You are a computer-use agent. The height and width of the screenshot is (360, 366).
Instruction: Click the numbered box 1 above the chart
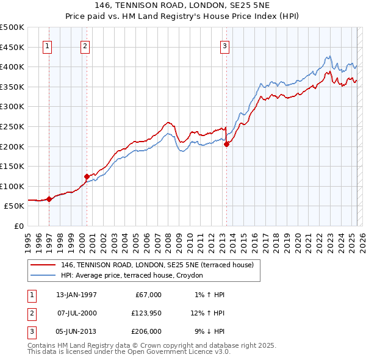47,45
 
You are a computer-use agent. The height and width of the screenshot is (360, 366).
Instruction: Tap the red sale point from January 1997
49,198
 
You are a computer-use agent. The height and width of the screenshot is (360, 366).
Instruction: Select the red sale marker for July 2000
87,176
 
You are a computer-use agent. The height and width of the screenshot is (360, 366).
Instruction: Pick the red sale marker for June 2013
226,144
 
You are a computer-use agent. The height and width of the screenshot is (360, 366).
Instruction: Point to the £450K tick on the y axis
12,47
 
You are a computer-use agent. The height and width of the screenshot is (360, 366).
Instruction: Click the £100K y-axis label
12,186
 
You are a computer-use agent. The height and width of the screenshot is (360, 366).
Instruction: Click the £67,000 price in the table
148,295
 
